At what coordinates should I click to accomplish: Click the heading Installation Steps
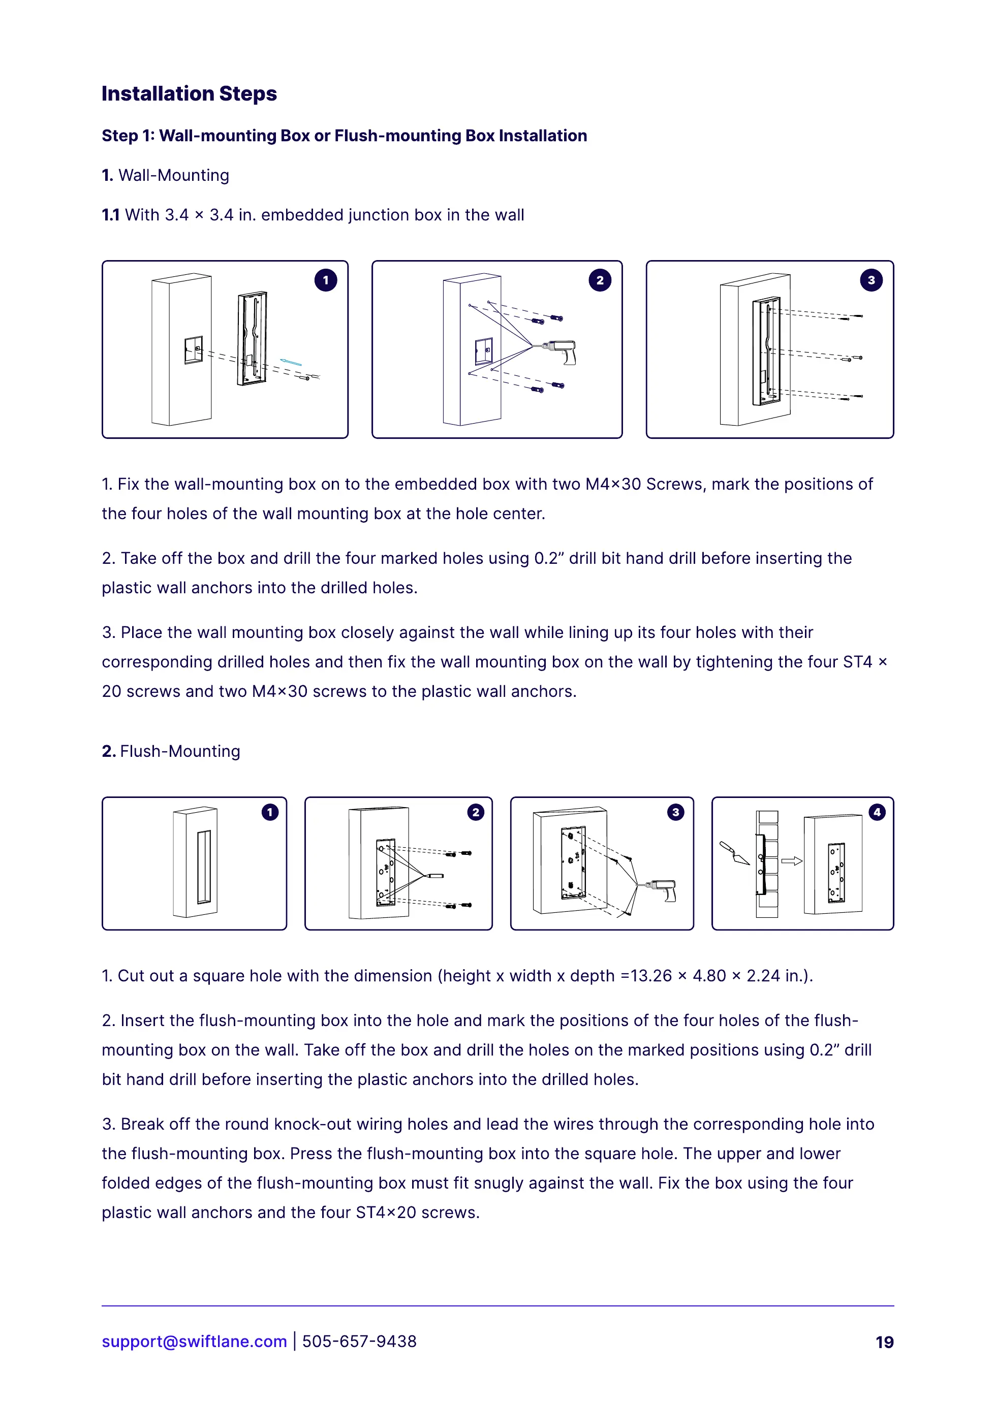pyautogui.click(x=189, y=94)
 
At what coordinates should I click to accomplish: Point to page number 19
pyautogui.click(x=884, y=1342)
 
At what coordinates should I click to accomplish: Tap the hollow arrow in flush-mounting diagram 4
pyautogui.click(x=791, y=861)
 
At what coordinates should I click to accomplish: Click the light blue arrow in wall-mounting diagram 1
pyautogui.click(x=291, y=362)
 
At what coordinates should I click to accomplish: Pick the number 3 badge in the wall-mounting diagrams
pyautogui.click(x=871, y=280)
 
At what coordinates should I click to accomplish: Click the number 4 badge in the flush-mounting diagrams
pyautogui.click(x=877, y=812)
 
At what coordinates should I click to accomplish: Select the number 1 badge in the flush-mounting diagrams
pyautogui.click(x=270, y=812)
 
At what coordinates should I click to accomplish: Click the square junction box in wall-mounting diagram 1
pyautogui.click(x=193, y=349)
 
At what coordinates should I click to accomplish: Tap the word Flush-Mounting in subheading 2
pyautogui.click(x=180, y=751)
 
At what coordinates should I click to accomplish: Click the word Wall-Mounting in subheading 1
pyautogui.click(x=174, y=175)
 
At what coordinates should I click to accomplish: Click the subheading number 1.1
pyautogui.click(x=110, y=215)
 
